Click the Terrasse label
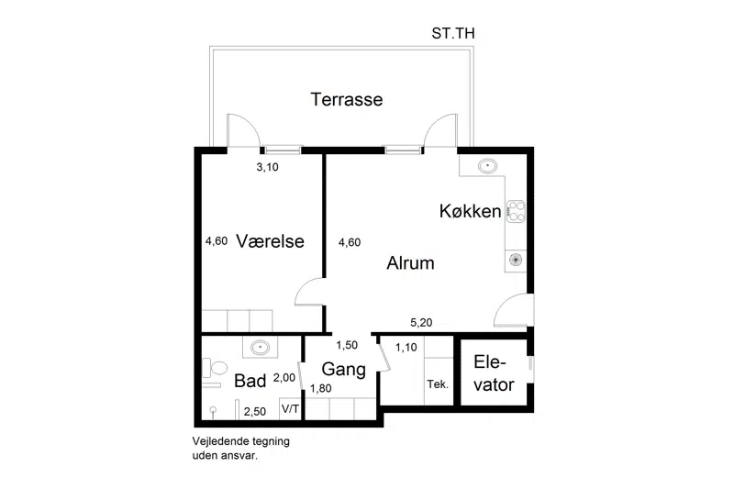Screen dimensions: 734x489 click(347, 99)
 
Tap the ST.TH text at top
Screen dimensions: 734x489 click(452, 33)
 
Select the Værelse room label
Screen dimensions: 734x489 click(270, 241)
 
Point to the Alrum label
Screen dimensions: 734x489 click(410, 263)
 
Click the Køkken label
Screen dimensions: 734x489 click(470, 211)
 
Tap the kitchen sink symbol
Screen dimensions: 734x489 click(487, 166)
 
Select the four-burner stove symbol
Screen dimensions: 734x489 click(517, 211)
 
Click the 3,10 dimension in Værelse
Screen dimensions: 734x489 click(267, 167)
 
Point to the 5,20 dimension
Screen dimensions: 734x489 click(421, 322)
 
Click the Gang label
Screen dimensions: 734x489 click(343, 369)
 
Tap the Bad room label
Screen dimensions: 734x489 click(250, 381)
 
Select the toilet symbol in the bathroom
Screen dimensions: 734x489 click(215, 368)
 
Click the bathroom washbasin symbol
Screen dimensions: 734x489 click(260, 347)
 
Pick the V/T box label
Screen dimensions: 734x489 click(290, 409)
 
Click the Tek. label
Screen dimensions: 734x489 click(438, 384)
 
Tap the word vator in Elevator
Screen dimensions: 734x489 click(494, 384)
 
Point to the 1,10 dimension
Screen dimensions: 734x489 click(406, 347)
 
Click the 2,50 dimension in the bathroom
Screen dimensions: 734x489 click(255, 412)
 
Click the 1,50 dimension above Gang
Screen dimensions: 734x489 click(347, 345)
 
